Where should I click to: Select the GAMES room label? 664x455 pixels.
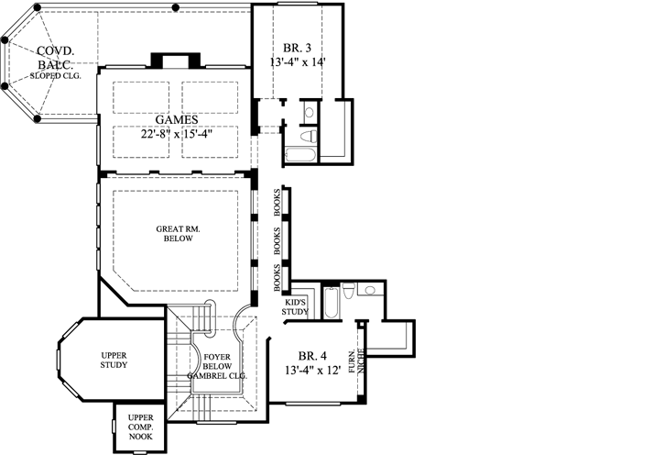coord(174,120)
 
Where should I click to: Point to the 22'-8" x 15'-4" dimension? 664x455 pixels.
coord(174,136)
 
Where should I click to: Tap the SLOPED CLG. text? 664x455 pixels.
coord(56,76)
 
